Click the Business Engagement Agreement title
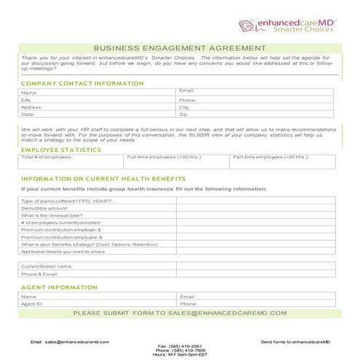(180, 48)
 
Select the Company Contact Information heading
(83, 84)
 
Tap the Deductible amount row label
(44, 208)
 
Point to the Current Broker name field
(47, 266)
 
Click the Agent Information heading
(59, 287)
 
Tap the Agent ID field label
(33, 304)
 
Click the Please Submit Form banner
(180, 313)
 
